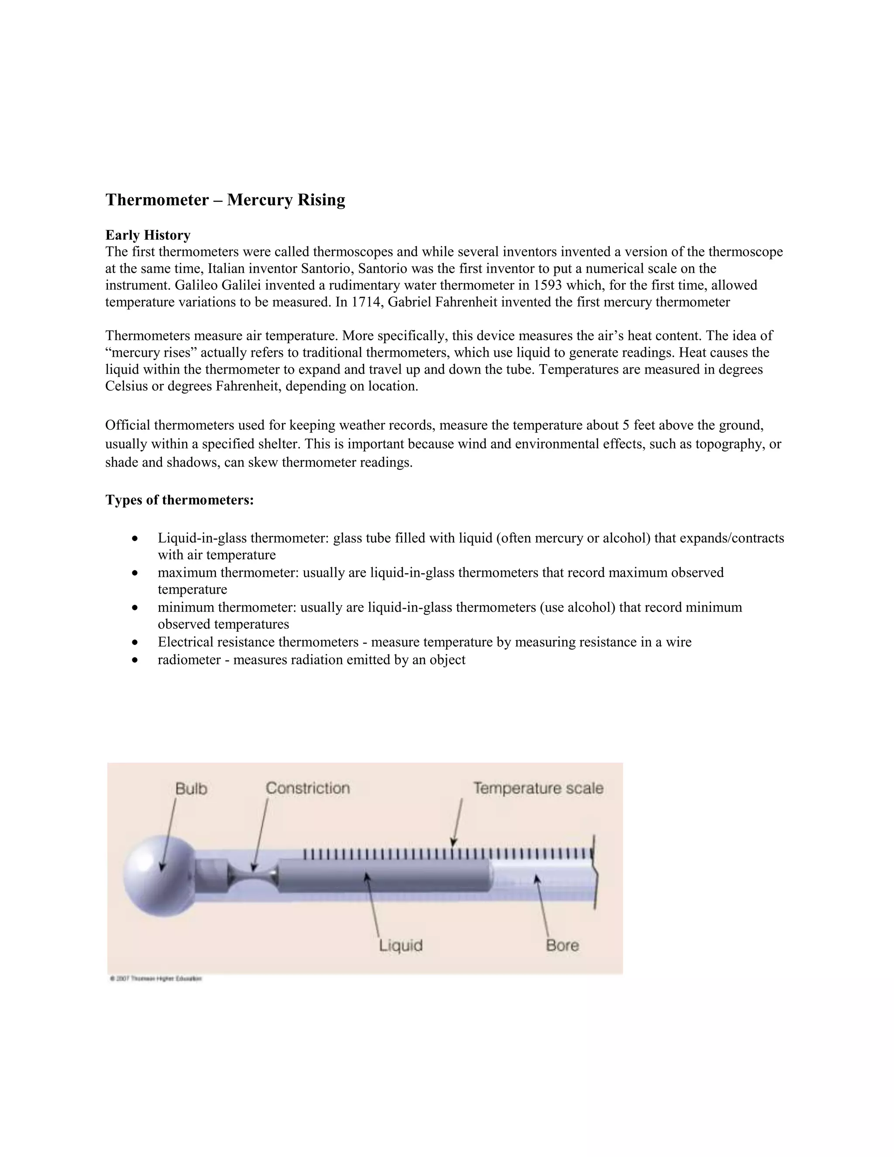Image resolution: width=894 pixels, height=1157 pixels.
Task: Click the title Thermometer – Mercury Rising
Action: [x=225, y=200]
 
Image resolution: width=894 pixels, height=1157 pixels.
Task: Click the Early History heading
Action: [x=148, y=235]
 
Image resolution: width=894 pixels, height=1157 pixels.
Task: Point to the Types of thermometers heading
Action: [x=179, y=500]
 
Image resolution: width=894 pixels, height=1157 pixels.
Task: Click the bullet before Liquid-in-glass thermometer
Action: [x=136, y=539]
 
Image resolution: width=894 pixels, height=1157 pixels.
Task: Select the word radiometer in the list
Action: [x=189, y=660]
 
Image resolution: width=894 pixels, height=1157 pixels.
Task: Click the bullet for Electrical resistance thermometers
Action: [x=136, y=643]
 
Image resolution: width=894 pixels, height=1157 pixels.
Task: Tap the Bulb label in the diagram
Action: [x=191, y=789]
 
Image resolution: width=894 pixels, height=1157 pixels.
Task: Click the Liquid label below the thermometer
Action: [x=401, y=946]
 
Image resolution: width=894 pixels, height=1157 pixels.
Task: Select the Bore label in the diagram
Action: [x=562, y=946]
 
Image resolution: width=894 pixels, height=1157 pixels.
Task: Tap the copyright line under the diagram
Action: [x=156, y=980]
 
